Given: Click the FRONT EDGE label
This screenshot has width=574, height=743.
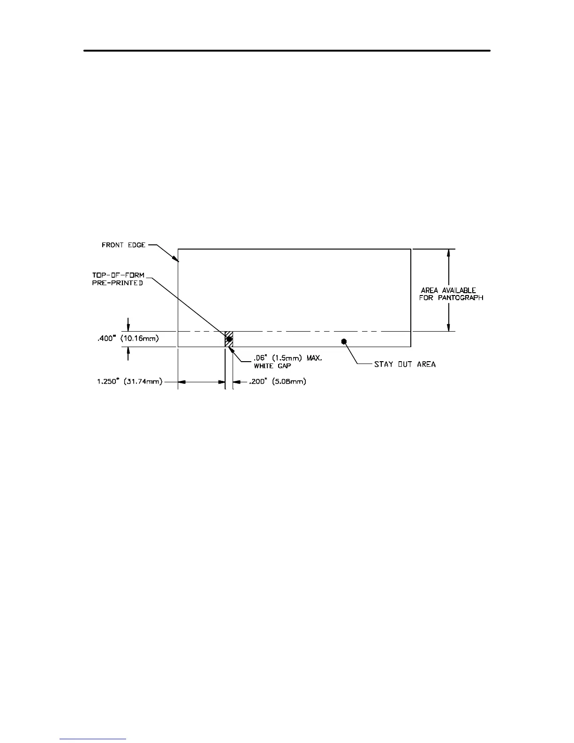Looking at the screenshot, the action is click(x=123, y=245).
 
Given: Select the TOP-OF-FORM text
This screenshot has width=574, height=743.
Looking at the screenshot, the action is click(x=118, y=275).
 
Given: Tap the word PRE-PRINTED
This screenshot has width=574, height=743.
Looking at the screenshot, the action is click(x=117, y=283).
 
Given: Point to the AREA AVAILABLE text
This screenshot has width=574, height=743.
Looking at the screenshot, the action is click(x=448, y=290).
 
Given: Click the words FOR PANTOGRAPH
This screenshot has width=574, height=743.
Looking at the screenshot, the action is click(x=451, y=298).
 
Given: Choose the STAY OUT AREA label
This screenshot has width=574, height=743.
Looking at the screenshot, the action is click(x=405, y=364).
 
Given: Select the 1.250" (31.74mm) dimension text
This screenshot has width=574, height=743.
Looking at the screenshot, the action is click(x=130, y=382).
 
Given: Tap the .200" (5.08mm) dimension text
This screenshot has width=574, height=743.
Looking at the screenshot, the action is click(x=277, y=382).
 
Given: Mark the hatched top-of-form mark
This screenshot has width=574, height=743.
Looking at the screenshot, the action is click(x=229, y=339).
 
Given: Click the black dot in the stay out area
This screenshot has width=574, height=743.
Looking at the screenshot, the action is click(x=344, y=341).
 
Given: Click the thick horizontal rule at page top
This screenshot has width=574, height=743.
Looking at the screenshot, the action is click(x=287, y=50).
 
